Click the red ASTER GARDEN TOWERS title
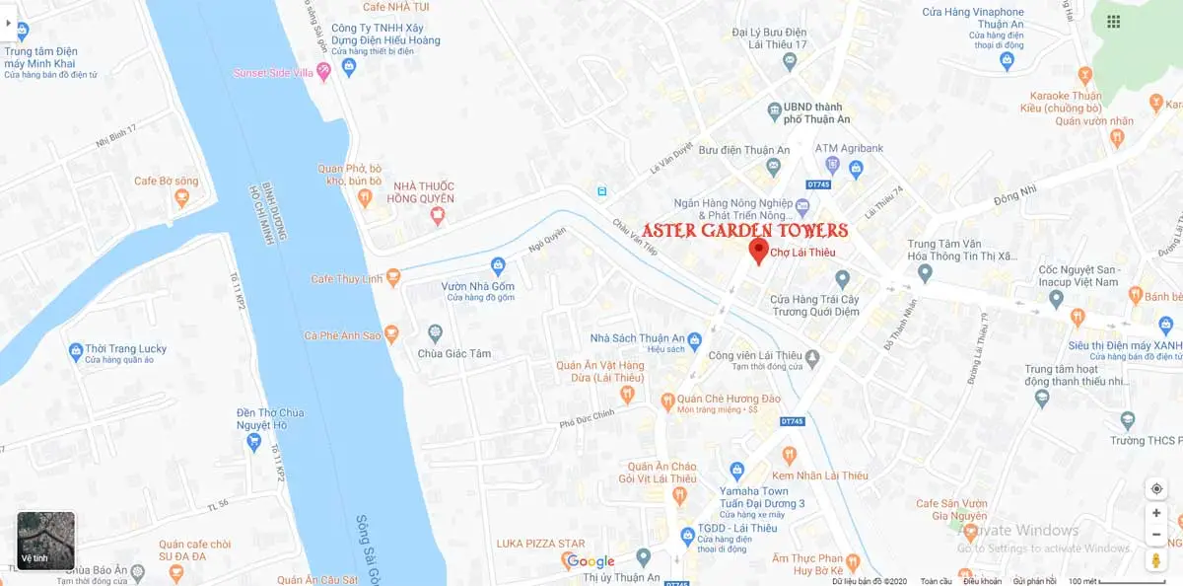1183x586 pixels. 744,231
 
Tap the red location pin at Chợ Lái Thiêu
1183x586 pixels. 758,250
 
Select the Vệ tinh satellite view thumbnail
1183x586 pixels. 46,541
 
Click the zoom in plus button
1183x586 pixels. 1156,513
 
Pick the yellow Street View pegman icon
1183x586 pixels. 1156,560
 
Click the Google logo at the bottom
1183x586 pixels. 591,562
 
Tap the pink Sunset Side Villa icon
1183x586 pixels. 322,72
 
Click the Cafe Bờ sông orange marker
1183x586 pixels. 181,198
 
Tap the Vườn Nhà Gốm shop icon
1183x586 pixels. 498,265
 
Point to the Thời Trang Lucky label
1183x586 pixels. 126,348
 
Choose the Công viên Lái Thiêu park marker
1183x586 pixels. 811,356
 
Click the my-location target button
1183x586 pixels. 1156,488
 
